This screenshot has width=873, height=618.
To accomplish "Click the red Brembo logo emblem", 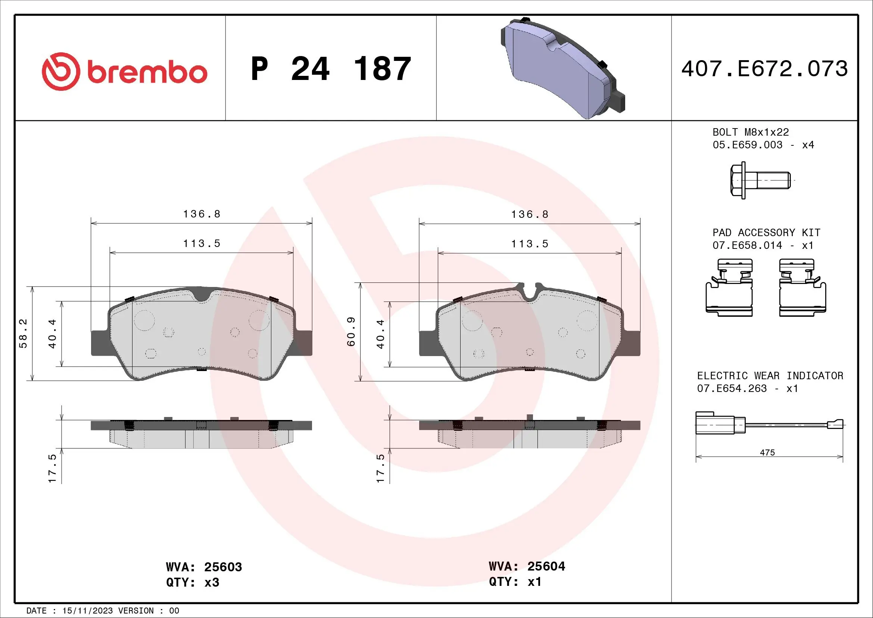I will tap(61, 71).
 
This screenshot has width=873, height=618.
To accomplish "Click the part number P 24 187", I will tap(331, 69).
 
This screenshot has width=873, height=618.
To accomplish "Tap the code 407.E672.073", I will tap(764, 69).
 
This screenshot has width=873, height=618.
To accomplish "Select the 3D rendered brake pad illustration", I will tap(563, 68).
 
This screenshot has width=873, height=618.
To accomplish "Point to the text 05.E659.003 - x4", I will tap(763, 145).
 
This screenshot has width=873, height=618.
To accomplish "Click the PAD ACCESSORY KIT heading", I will tap(766, 232).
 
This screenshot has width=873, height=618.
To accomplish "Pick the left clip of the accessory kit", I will tap(729, 288).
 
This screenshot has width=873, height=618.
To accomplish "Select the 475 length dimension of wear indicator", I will tap(767, 452).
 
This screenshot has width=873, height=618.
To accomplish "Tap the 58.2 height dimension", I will tap(23, 334).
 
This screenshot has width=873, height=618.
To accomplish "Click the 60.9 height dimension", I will tap(351, 332).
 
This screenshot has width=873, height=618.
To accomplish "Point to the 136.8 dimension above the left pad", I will tap(202, 214).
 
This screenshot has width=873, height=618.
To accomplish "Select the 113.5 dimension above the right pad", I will tap(530, 244).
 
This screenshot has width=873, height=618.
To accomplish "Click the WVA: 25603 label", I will tap(204, 567).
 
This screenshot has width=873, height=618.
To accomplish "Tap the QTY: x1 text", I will tap(515, 582).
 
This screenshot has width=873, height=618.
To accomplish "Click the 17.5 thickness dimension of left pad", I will tap(52, 469).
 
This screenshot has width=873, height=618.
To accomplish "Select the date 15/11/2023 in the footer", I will tap(87, 611).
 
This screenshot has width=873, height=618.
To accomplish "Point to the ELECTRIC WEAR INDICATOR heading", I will tap(770, 376).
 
